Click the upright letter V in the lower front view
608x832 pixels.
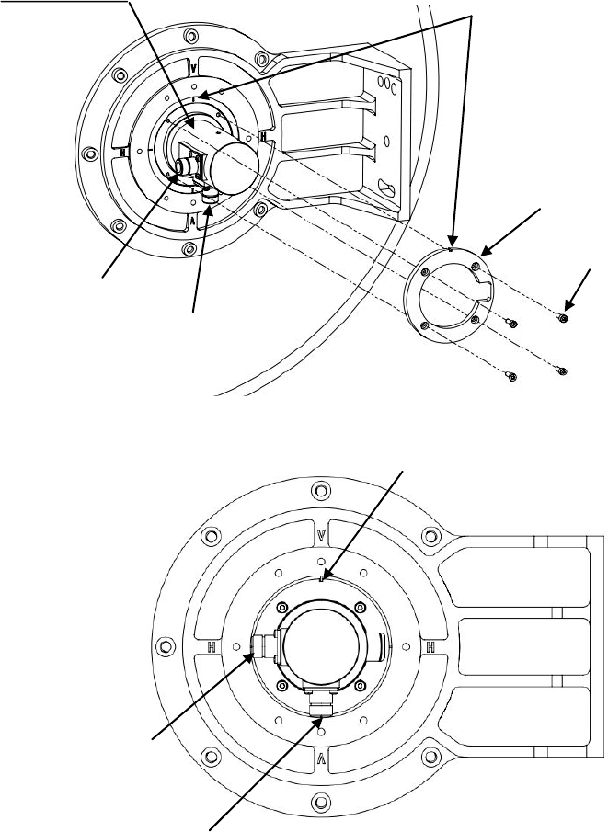[x=320, y=534]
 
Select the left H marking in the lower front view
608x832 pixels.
[x=212, y=646]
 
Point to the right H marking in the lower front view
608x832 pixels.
[x=430, y=646]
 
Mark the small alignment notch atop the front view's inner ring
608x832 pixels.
[x=319, y=579]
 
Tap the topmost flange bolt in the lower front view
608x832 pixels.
[x=320, y=488]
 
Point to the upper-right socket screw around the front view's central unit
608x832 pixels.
[x=358, y=608]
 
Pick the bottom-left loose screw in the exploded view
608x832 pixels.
[x=512, y=375]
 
